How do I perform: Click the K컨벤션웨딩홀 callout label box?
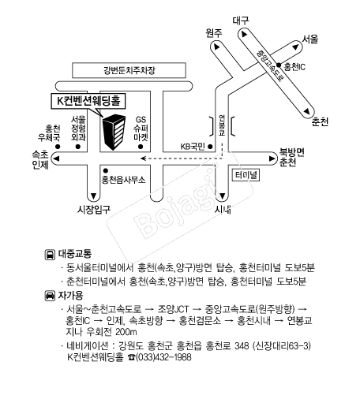point(88,101)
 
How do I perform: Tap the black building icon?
point(114,132)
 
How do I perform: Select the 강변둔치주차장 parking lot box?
point(129,70)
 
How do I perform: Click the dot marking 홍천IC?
point(279,65)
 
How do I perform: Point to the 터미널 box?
point(246,175)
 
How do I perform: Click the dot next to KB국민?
point(210,146)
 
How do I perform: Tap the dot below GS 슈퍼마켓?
point(141,146)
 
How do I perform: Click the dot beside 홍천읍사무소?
point(106,170)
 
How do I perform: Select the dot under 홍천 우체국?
point(58,146)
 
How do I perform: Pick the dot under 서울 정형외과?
point(77,146)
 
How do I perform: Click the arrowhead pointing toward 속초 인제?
point(56,159)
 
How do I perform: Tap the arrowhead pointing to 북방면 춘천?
point(272,159)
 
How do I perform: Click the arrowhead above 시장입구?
point(94,196)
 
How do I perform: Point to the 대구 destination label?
point(241,21)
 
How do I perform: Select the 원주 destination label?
point(214,33)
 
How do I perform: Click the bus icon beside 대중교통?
point(50,255)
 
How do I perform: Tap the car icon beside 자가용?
point(50,296)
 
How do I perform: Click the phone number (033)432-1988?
point(163,357)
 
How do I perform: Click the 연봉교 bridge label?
point(222,125)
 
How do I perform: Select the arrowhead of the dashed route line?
point(143,159)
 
